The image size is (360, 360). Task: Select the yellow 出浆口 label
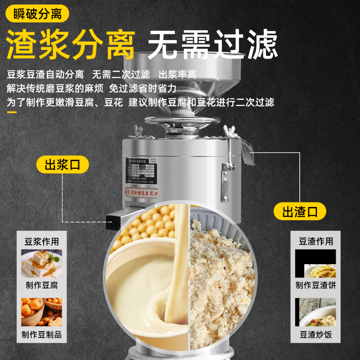[63, 165]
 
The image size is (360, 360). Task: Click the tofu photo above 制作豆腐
[41, 263]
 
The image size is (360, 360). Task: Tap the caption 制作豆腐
[41, 285]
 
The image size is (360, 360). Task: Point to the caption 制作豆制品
[41, 335]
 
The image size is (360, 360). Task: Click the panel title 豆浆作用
[41, 241]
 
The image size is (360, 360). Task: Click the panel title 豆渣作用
[316, 241]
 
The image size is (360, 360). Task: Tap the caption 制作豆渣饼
[316, 285]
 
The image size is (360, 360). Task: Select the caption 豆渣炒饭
[316, 335]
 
